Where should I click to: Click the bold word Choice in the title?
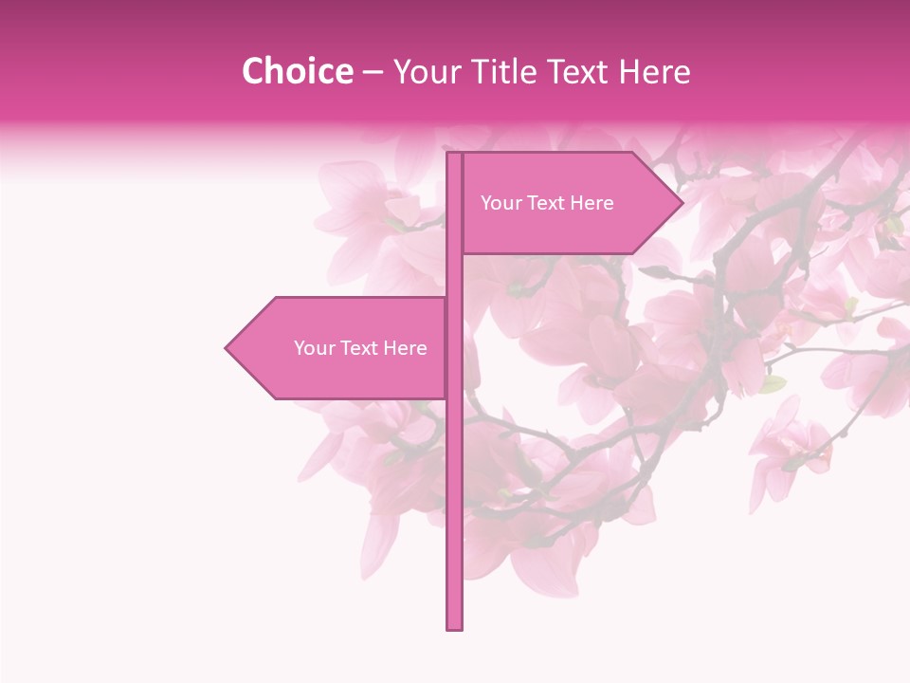click(297, 71)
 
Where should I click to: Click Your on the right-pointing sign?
click(500, 203)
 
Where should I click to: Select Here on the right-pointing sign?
click(591, 203)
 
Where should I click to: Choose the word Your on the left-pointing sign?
click(313, 348)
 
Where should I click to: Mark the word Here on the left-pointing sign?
click(405, 348)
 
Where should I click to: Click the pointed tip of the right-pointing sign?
click(681, 203)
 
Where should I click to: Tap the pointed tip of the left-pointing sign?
click(227, 348)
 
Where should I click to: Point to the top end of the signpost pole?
click(454, 155)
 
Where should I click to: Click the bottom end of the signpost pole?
click(454, 627)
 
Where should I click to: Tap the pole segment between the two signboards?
click(454, 275)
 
